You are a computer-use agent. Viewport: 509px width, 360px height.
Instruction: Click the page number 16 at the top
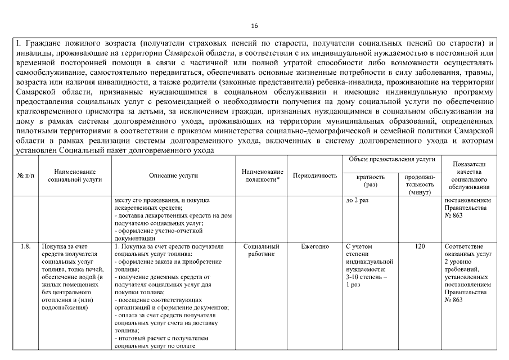click(x=254, y=26)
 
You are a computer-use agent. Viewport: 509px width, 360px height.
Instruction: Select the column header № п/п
click(x=25, y=175)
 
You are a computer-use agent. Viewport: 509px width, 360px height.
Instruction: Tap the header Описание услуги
click(x=173, y=175)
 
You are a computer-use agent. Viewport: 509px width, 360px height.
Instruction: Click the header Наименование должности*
click(x=262, y=175)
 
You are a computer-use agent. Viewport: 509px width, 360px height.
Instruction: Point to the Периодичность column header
click(x=315, y=175)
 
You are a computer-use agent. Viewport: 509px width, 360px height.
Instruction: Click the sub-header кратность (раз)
click(x=371, y=180)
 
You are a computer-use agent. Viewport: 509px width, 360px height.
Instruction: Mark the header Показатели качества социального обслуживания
click(x=467, y=175)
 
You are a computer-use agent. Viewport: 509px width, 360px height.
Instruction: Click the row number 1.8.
click(x=25, y=246)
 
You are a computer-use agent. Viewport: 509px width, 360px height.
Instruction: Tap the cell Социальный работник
click(x=262, y=250)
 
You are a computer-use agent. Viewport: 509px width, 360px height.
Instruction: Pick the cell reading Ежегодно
click(x=315, y=246)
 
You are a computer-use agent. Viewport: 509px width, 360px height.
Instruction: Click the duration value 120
click(x=420, y=246)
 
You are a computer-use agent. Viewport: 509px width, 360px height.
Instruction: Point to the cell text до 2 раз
click(x=358, y=201)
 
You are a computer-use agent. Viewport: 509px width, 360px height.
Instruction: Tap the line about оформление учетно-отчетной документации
click(x=152, y=234)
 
